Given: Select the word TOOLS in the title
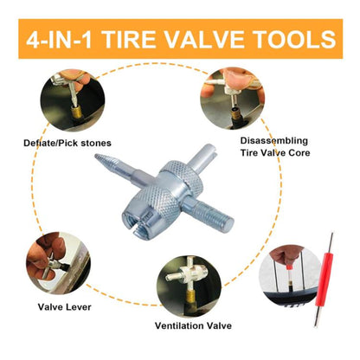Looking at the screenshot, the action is click(x=294, y=39).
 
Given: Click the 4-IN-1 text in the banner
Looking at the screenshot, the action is click(x=59, y=39).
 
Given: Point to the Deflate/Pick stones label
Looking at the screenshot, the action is click(x=67, y=143).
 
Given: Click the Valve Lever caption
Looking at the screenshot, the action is click(x=65, y=307).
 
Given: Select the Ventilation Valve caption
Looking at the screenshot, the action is click(x=193, y=325).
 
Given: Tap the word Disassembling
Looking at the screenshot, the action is click(x=274, y=141).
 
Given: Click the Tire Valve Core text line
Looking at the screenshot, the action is click(x=275, y=152).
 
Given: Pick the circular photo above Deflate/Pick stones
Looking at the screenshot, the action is click(x=73, y=100).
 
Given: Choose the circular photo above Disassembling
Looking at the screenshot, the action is click(x=233, y=99).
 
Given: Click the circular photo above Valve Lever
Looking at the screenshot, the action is click(x=58, y=263).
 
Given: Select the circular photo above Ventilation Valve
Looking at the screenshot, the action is click(x=189, y=285).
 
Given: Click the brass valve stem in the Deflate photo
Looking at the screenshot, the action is click(x=77, y=112).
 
